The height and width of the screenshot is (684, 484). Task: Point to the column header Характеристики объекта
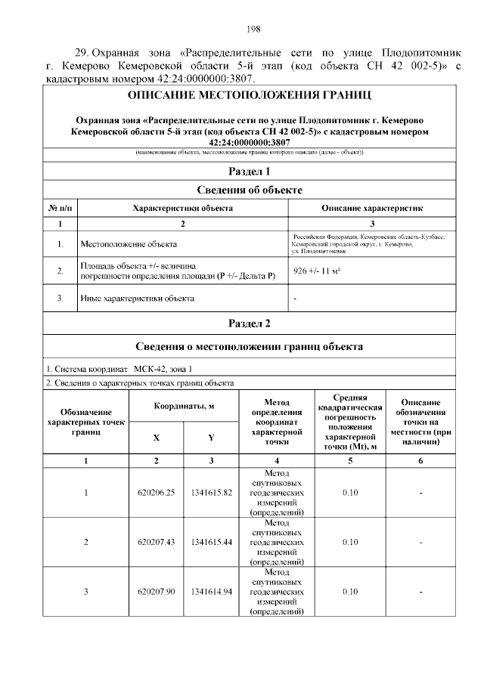tap(182, 207)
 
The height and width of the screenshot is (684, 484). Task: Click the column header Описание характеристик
tap(372, 207)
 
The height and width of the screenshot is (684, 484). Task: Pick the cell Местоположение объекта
tap(128, 244)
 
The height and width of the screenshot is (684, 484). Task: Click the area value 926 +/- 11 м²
tap(315, 271)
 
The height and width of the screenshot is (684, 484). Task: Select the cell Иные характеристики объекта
tap(137, 299)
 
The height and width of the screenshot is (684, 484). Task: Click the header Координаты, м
tap(184, 406)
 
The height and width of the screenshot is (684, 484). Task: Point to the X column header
tap(157, 438)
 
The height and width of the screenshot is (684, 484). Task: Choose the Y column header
tap(211, 438)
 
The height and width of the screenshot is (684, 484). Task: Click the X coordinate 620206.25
tap(157, 493)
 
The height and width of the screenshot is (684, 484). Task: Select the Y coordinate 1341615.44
tap(211, 542)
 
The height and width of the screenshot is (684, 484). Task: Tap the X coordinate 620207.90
tap(157, 591)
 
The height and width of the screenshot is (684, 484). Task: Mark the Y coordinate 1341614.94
tap(211, 591)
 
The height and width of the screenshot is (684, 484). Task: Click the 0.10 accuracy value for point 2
tap(349, 542)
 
